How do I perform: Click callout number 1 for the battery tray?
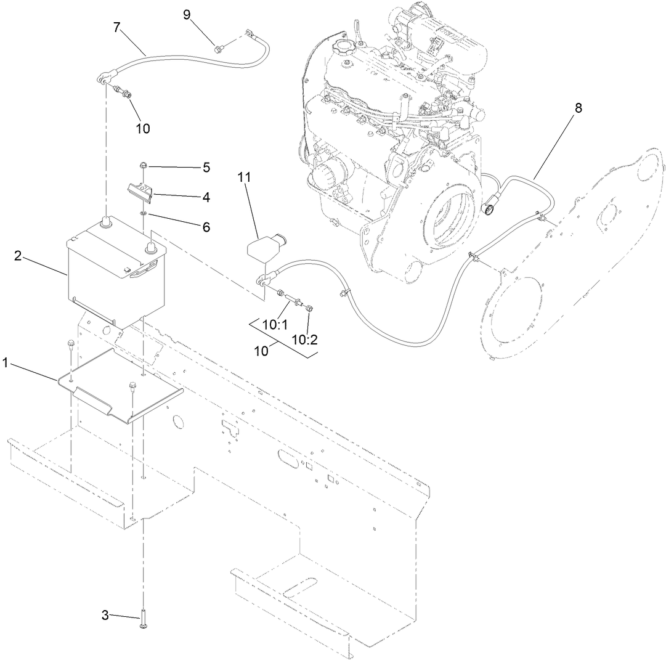(x=6, y=363)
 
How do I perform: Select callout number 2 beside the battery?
(x=18, y=256)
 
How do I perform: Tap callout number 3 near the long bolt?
(x=105, y=614)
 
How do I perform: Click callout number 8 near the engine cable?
(x=577, y=107)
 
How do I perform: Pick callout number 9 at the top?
(x=187, y=15)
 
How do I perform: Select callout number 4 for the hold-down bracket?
(x=206, y=197)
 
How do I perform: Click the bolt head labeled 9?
(x=218, y=47)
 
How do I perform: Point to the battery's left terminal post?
(x=105, y=222)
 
